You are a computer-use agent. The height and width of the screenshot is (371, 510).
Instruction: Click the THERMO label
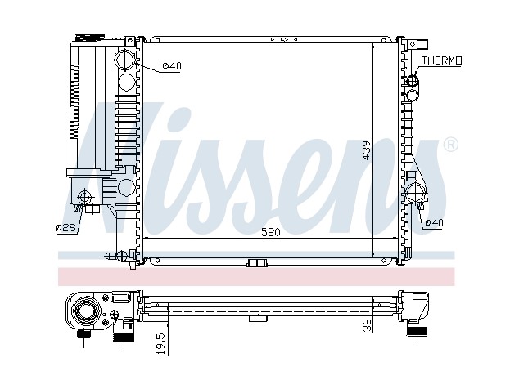pyautogui.click(x=441, y=60)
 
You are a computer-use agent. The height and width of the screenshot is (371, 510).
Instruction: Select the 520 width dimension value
pyautogui.click(x=271, y=232)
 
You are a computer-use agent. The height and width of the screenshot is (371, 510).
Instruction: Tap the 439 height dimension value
pyautogui.click(x=366, y=150)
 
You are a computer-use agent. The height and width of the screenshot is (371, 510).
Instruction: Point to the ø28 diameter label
pyautogui.click(x=66, y=227)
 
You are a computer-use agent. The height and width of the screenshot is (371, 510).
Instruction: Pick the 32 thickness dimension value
pyautogui.click(x=367, y=325)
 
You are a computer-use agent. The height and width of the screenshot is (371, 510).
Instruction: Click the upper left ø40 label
pyautogui.click(x=172, y=66)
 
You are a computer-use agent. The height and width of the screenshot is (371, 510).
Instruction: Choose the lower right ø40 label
pyautogui.click(x=434, y=222)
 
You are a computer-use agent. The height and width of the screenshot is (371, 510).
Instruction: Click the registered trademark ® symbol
pyautogui.click(x=451, y=145)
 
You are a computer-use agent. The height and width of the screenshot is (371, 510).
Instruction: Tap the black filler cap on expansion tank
pyautogui.click(x=89, y=37)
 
